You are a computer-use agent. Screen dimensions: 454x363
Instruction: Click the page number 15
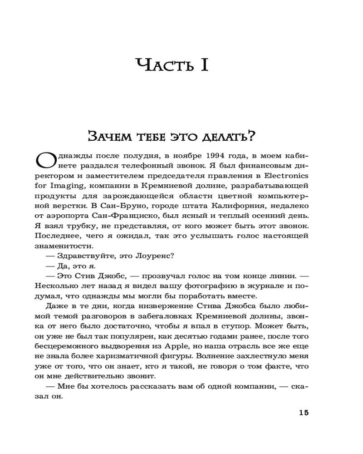pos(304,413)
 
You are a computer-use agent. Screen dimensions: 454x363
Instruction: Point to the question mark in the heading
pos(252,136)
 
